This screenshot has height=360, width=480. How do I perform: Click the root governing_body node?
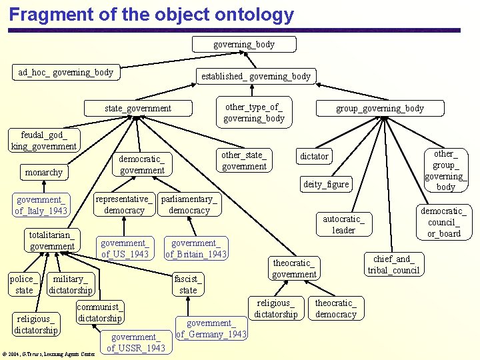coord(243,44)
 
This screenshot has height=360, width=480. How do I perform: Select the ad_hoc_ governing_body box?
coord(65,72)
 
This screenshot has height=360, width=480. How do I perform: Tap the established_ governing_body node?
coord(256,76)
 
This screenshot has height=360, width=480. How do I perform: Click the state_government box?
coord(138,108)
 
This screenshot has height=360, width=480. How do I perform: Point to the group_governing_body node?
coord(379,108)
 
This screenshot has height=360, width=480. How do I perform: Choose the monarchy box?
coord(43,172)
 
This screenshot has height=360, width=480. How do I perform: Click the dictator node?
coord(314,156)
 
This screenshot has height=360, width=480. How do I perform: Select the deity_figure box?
coord(326,185)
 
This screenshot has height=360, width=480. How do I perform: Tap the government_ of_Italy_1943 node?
coord(41,205)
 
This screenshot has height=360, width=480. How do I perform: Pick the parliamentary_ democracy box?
coord(189,205)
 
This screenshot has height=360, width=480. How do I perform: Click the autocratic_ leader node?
coord(343,225)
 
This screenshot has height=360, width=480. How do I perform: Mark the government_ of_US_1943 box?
coord(125,249)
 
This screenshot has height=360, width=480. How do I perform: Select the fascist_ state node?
coord(188,285)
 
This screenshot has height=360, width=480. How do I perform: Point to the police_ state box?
coord(24,285)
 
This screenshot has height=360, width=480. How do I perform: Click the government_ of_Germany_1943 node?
coord(211,329)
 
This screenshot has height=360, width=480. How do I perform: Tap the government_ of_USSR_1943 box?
coord(136,343)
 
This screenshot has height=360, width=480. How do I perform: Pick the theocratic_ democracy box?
coord(335,309)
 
